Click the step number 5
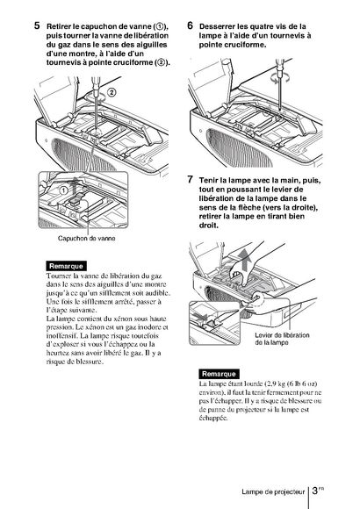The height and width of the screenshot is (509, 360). point(37,25)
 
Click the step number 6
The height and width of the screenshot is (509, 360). point(191,25)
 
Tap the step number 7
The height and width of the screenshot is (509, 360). point(191,179)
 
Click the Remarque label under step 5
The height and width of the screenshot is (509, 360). point(66,266)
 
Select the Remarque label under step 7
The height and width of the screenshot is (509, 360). point(219,374)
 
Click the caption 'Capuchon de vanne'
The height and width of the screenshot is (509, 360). point(86,239)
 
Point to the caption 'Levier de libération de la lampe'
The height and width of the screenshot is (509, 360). point(282,339)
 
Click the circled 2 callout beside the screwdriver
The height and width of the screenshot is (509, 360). point(112,92)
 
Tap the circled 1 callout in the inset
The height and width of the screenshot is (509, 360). point(64,190)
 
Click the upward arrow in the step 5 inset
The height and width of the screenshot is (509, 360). point(75,186)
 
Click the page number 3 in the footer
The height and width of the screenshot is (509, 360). point(315,491)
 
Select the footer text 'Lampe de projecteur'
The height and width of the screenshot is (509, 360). point(273,491)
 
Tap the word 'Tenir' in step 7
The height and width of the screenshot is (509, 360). point(208,180)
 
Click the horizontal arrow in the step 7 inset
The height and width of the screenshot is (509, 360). point(199,315)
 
